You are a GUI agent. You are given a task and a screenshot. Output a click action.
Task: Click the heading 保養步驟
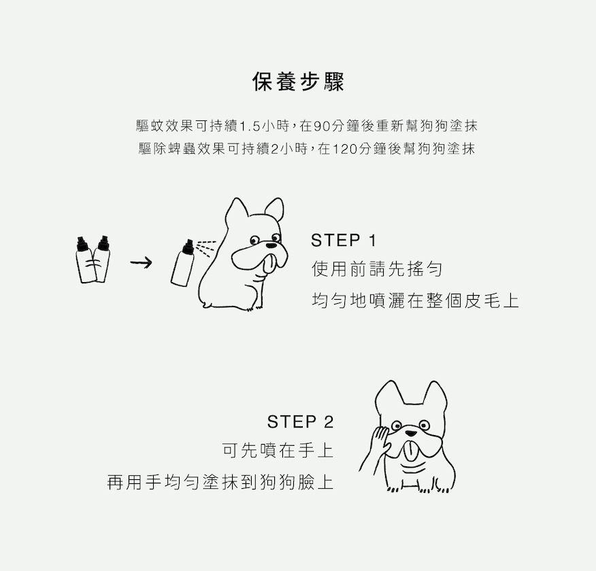point(298,82)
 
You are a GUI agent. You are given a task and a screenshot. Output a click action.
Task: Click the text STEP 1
point(343,241)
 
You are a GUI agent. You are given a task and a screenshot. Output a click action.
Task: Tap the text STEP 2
point(300,422)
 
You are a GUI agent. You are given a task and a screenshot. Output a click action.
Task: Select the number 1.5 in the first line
point(251,126)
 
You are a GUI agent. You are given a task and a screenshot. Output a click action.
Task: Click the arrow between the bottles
point(140,262)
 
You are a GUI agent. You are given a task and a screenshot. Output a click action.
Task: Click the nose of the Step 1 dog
point(273,243)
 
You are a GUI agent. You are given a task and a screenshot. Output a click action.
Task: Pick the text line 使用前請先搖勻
point(377,270)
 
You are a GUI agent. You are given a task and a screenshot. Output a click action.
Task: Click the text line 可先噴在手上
point(278,451)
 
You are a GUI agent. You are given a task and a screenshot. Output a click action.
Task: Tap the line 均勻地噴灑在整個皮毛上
point(415,300)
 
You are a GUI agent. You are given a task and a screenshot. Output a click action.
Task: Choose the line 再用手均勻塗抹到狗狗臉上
point(220,483)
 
